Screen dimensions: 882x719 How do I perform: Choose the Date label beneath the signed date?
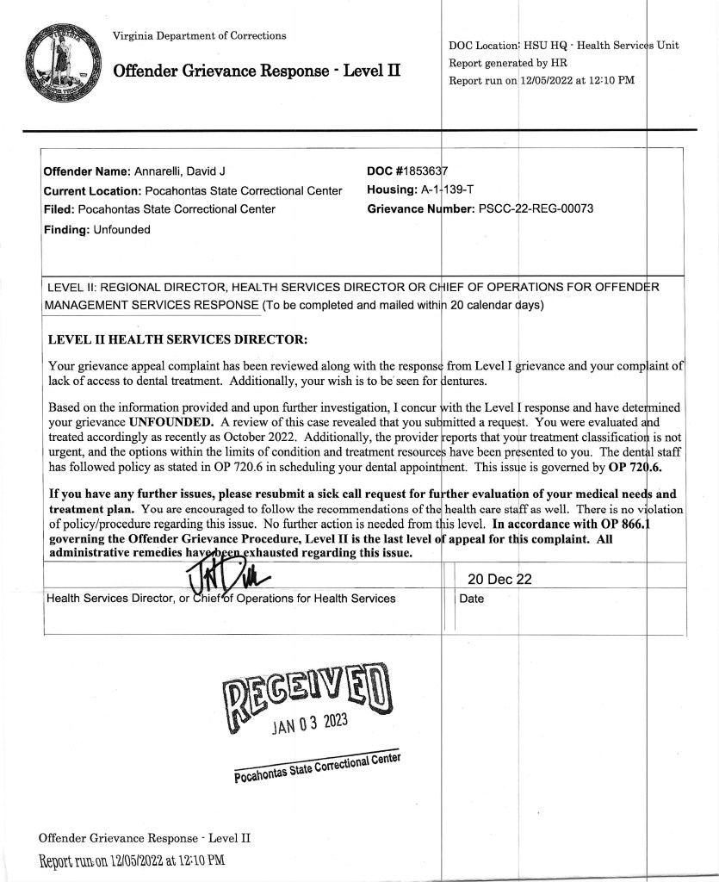pyautogui.click(x=472, y=599)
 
